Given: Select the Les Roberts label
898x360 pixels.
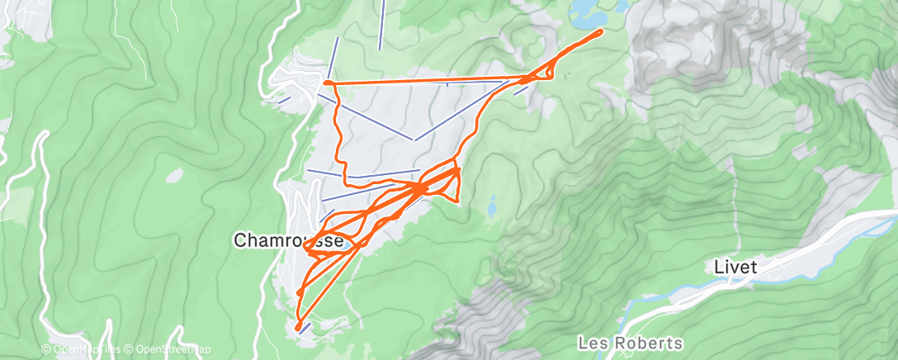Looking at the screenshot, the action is [631, 342].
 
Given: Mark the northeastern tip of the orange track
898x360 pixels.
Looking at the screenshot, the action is [601, 31].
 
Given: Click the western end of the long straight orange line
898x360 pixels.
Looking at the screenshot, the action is [328, 83].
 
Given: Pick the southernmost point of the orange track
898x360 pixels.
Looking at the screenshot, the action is [297, 328].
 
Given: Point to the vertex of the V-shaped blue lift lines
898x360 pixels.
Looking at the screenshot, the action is [415, 140].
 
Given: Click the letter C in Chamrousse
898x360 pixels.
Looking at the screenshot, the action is [240, 240].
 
